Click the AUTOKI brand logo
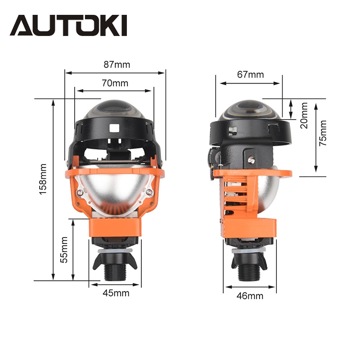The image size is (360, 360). [x=68, y=26]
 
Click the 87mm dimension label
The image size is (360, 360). [x=117, y=65]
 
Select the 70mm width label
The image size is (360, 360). [x=115, y=83]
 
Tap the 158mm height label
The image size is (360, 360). [x=43, y=179]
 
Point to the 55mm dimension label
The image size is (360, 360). [x=64, y=250]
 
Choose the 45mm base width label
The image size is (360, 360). [x=116, y=293]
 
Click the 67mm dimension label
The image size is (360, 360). [x=251, y=74]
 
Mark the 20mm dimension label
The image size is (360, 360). [x=304, y=116]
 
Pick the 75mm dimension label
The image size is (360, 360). [x=323, y=133]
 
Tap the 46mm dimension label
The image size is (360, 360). [x=250, y=296]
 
